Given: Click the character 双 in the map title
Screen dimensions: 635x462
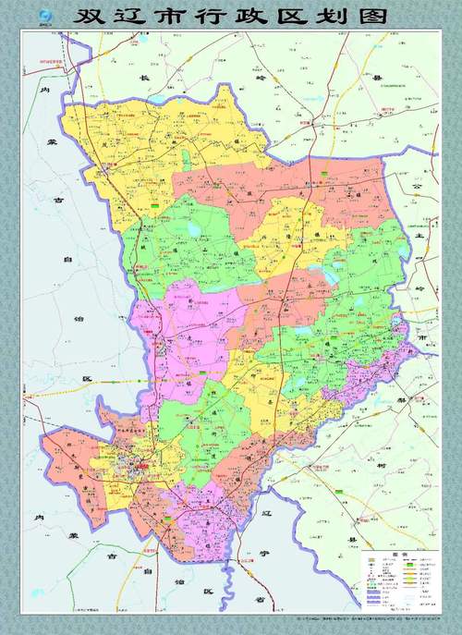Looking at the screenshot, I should (x=91, y=17).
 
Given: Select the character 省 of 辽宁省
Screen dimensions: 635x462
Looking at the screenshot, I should (x=261, y=598).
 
